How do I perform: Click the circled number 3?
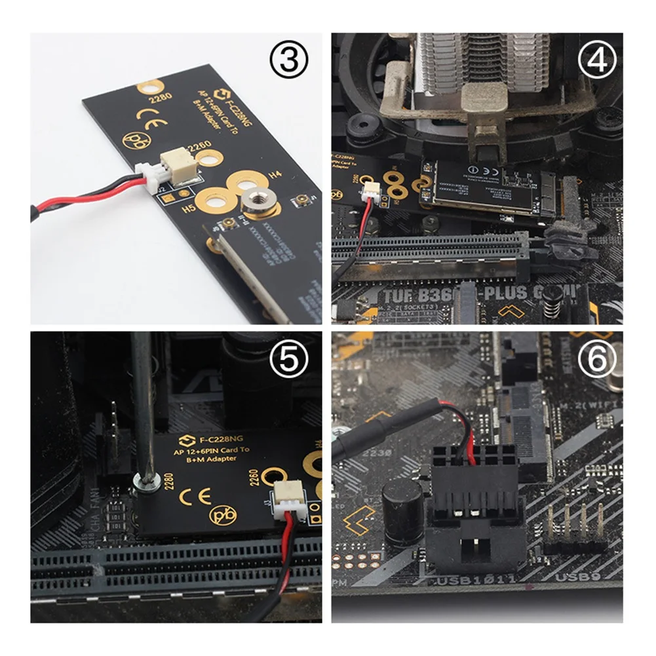tap(289, 62)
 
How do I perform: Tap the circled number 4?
tap(597, 62)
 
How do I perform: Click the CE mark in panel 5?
tap(199, 495)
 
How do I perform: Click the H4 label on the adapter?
tap(277, 175)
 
